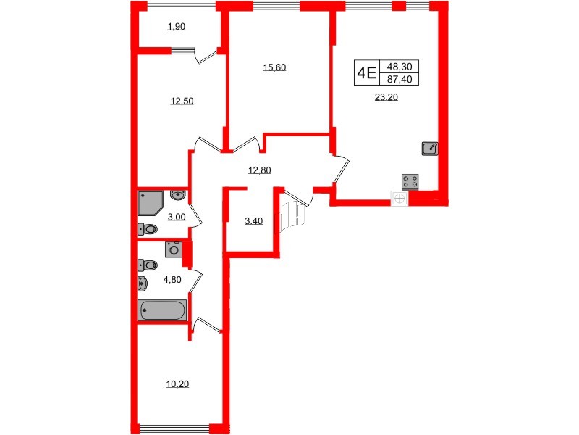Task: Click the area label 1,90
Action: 177,28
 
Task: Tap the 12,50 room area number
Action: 182,101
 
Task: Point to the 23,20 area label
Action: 386,101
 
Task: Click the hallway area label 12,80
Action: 259,171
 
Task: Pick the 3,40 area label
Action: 254,221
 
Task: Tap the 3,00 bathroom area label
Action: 176,217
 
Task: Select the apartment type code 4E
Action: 366,72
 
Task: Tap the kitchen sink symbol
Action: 429,149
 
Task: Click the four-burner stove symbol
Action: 411,182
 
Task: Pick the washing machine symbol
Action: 173,249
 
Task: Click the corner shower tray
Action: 153,203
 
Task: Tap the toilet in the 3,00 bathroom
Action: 148,230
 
